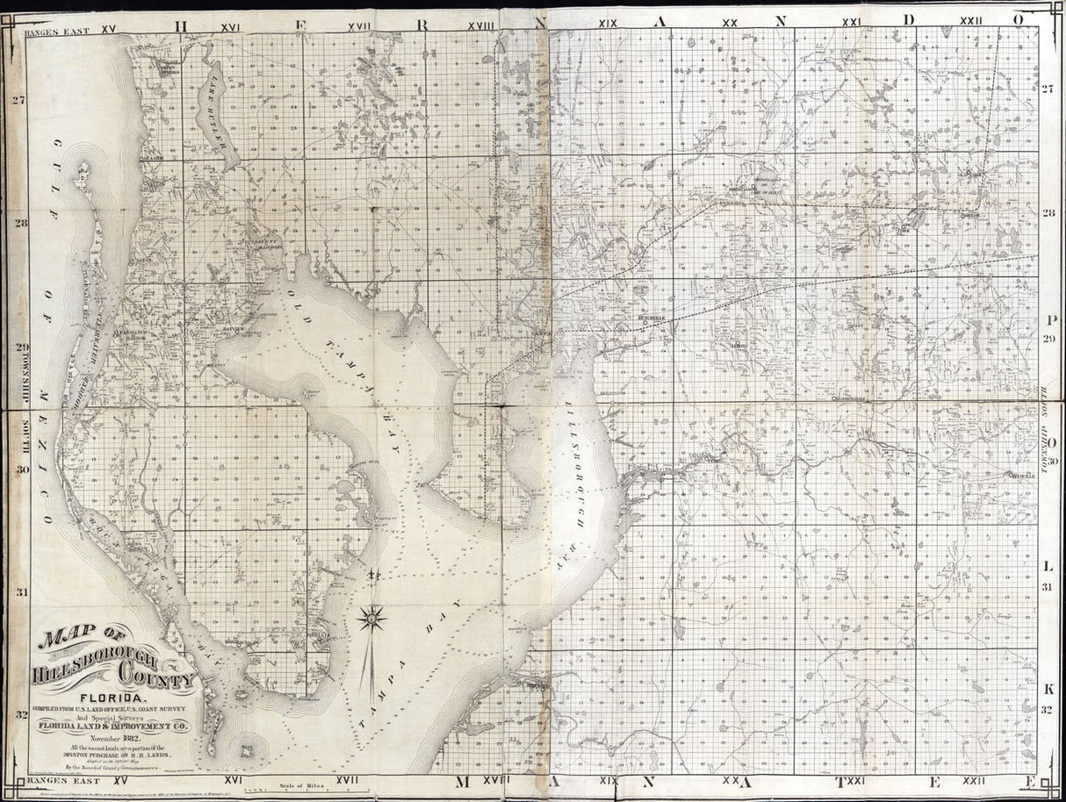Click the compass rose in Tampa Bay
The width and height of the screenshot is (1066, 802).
(x=373, y=621)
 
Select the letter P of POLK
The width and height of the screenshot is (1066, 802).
(x=1050, y=319)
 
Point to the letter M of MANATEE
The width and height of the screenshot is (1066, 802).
(x=464, y=780)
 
